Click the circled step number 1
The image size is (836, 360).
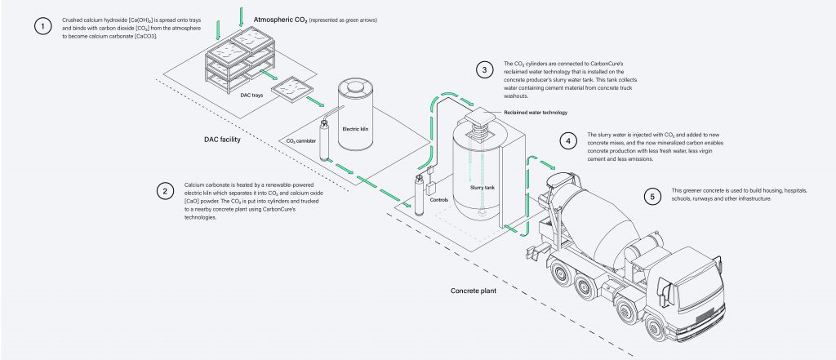41,27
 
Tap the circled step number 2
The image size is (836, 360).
166,191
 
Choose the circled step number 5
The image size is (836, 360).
651,196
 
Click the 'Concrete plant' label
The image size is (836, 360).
474,290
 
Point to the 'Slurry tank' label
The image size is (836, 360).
482,186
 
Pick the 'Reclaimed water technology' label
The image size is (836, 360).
533,113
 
